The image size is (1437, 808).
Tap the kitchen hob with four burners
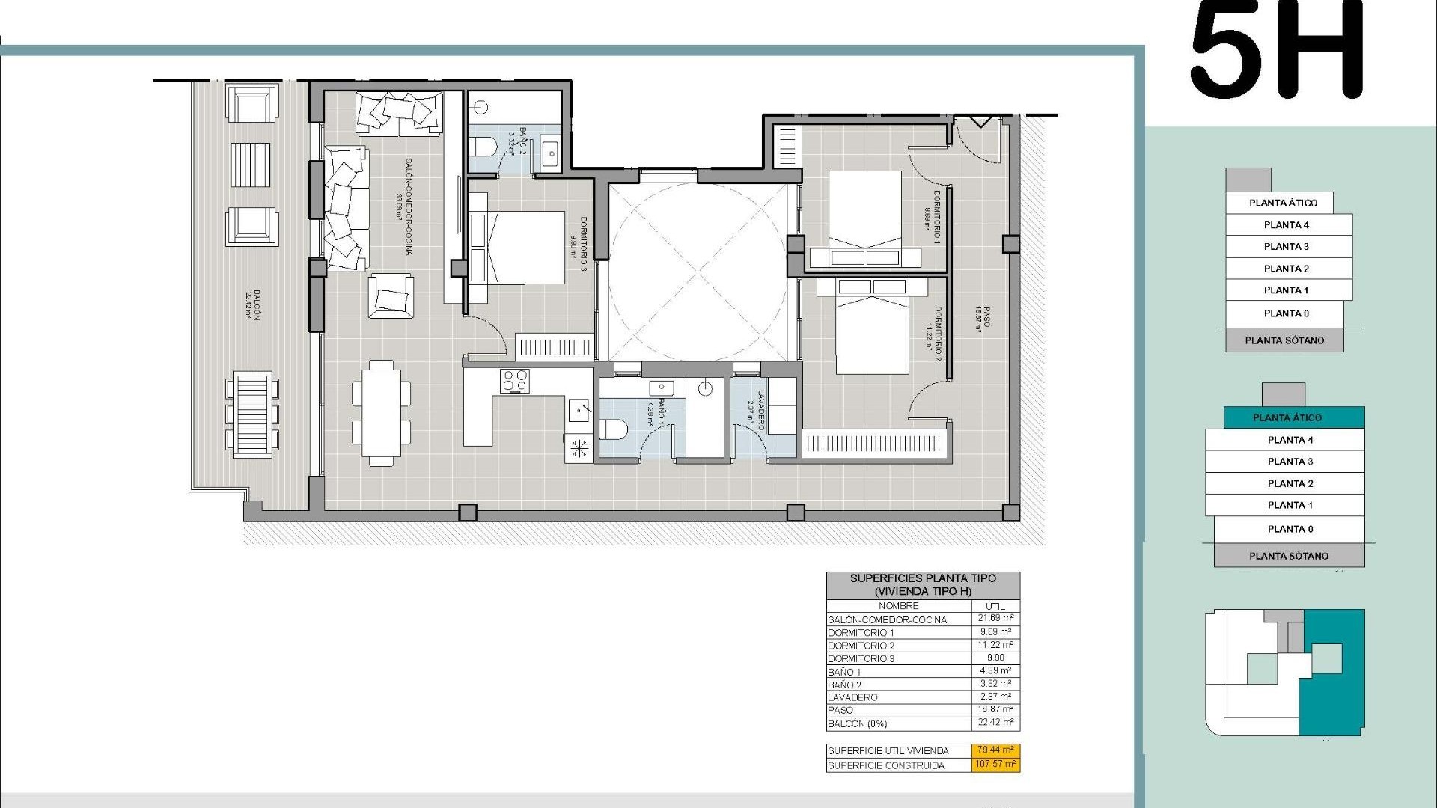(515, 381)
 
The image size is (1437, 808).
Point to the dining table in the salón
(381, 412)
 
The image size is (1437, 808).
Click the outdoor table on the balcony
(251, 410)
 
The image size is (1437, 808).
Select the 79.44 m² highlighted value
(995, 750)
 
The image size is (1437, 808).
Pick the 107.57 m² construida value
(995, 765)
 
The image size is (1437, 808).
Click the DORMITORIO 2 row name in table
(861, 646)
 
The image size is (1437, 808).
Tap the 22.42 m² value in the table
(995, 723)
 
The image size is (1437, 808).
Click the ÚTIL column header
(995, 606)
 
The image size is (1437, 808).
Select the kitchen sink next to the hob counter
(580, 409)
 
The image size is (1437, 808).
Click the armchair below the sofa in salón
(391, 296)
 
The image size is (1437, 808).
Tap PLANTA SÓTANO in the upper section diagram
(1284, 340)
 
